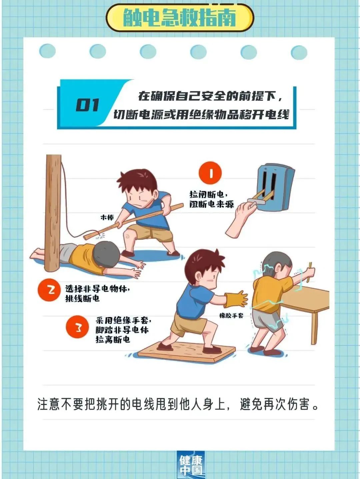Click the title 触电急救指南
[180, 18]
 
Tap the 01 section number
[87, 105]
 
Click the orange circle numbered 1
[210, 173]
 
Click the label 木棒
[107, 217]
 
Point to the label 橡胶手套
[231, 316]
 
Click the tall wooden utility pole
[53, 213]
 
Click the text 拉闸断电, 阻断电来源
[211, 199]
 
